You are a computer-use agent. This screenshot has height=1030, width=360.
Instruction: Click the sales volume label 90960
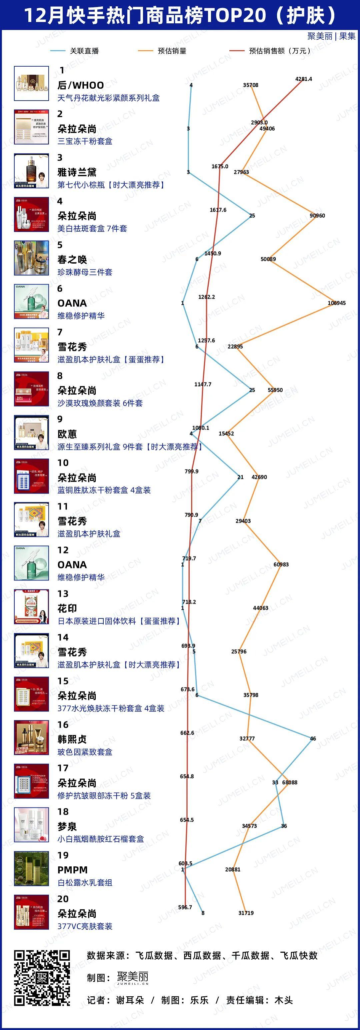pyautogui.click(x=317, y=216)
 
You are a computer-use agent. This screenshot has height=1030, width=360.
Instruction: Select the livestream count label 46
pyautogui.click(x=313, y=738)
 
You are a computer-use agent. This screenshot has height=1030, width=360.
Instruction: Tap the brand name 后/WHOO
pyautogui.click(x=81, y=85)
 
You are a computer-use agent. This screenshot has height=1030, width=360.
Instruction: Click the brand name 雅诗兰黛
pyautogui.click(x=77, y=172)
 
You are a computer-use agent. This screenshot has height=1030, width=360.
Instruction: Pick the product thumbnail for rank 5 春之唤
pyautogui.click(x=32, y=258)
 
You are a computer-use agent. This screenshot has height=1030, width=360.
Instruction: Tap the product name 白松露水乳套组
pyautogui.click(x=85, y=882)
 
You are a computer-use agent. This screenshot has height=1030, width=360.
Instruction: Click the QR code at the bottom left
pyautogui.click(x=42, y=978)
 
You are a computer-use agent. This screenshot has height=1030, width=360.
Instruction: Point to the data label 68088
pyautogui.click(x=290, y=782)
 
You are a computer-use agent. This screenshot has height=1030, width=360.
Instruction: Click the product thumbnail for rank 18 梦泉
pyautogui.click(x=32, y=824)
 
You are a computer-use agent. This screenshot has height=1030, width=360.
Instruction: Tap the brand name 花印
pyautogui.click(x=67, y=608)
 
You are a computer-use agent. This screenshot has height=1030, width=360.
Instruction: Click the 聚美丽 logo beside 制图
pyautogui.click(x=133, y=978)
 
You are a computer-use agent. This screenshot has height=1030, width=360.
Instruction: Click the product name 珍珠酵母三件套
pyautogui.click(x=85, y=272)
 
